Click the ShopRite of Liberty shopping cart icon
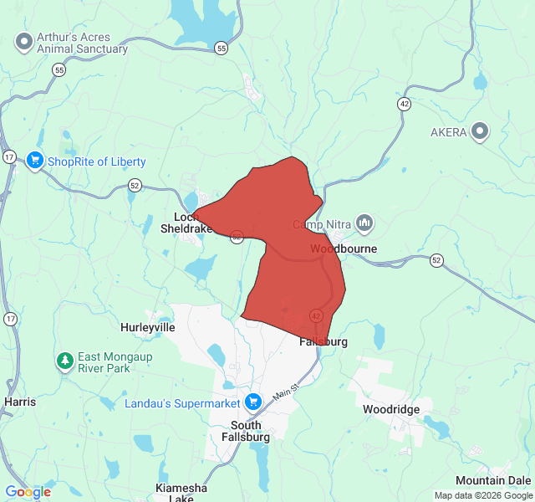[x=34, y=161]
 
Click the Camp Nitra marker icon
[x=364, y=223]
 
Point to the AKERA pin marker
[x=480, y=131]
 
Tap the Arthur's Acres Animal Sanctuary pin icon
[x=24, y=41]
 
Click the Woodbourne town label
[x=344, y=249]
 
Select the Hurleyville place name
[x=148, y=327]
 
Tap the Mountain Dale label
[x=492, y=480]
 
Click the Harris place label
[x=20, y=402]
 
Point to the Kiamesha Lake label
[x=181, y=493]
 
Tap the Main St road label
[x=284, y=390]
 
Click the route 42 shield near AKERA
[x=404, y=104]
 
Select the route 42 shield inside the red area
[x=316, y=315]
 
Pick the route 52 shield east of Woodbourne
[x=436, y=261]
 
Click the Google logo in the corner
[x=28, y=492]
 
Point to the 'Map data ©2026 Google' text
[x=482, y=495]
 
